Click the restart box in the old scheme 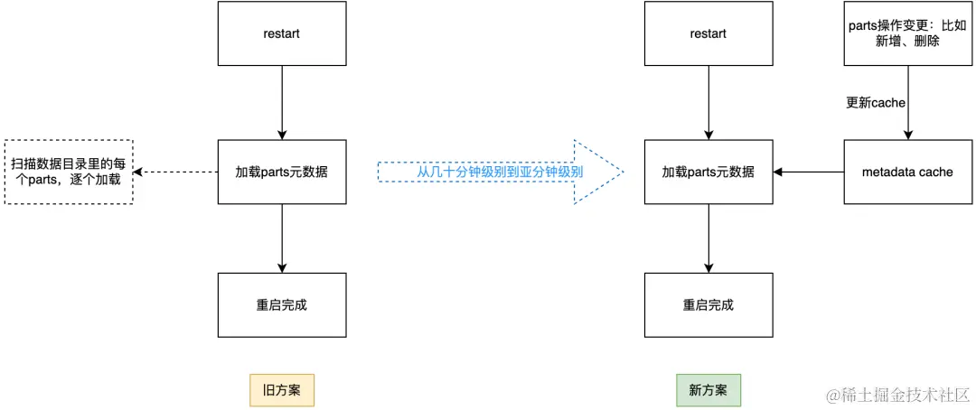[282, 33]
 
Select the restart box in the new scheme [708, 33]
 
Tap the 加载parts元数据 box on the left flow [282, 172]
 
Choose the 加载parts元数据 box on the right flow [708, 172]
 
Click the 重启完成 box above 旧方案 [282, 305]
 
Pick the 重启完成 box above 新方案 [708, 305]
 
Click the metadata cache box [907, 172]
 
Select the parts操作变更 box [907, 33]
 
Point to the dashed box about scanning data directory [69, 172]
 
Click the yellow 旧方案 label [282, 390]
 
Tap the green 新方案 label [708, 390]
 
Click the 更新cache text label [875, 103]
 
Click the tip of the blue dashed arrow [621, 172]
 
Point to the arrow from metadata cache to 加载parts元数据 [808, 172]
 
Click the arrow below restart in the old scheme [282, 103]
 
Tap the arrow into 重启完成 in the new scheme [708, 238]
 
